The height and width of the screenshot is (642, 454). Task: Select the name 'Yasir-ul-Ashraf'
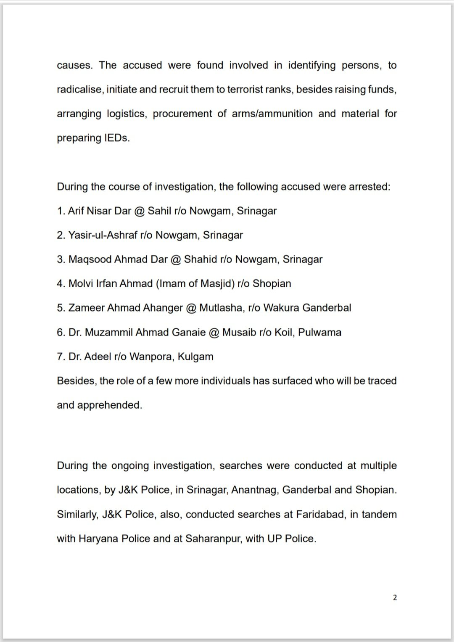[x=103, y=235]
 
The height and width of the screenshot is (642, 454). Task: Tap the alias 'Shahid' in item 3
[x=201, y=259]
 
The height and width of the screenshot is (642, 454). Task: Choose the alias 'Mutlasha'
[x=221, y=308]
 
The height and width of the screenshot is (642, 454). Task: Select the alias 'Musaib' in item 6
[x=239, y=332]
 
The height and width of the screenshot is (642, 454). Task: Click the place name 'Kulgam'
[x=195, y=357]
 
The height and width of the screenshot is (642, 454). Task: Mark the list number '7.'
[x=61, y=357]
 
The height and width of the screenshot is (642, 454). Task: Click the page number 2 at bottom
[x=395, y=597]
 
